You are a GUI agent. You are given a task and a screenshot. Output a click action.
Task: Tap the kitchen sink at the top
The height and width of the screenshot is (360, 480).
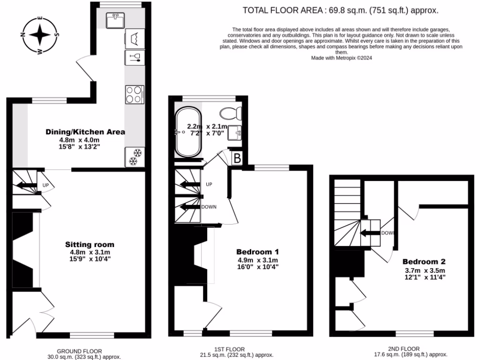click(x=114, y=20)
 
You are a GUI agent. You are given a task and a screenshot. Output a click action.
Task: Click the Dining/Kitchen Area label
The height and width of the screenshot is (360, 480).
click(x=85, y=132)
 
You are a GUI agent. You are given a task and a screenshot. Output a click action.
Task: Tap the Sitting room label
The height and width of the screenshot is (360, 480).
click(x=90, y=245)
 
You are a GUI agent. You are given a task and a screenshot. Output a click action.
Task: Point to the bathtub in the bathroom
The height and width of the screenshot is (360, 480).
click(x=188, y=132)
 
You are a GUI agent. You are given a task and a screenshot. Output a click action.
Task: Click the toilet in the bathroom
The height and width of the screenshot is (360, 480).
click(x=232, y=113)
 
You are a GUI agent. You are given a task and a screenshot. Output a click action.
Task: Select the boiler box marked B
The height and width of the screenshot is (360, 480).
click(x=237, y=158)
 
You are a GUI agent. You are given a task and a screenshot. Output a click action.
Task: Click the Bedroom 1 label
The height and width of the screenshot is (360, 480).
click(x=257, y=252)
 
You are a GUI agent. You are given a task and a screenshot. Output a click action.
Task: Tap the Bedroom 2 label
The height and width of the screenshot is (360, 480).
click(x=424, y=262)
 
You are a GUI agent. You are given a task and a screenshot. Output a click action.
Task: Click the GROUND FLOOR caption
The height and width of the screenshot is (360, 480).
click(x=79, y=351)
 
